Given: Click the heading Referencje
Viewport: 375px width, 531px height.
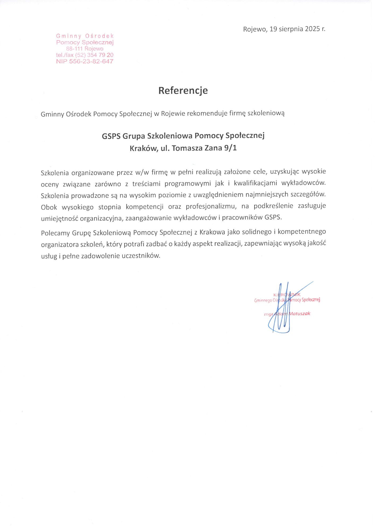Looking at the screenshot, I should [183, 91].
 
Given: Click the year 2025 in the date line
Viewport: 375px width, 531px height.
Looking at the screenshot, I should [312, 29].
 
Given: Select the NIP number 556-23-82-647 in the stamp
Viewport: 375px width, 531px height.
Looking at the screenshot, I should [91, 61].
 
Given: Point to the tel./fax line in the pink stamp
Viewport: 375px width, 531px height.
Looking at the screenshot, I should [85, 55].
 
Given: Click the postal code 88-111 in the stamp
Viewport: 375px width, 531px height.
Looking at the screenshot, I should [74, 49].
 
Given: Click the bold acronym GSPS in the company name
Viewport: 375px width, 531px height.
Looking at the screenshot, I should [111, 136].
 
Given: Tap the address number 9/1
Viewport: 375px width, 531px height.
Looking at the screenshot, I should [230, 148].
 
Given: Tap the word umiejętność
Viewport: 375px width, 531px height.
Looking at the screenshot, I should [59, 219].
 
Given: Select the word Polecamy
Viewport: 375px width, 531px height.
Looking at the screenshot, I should [55, 233].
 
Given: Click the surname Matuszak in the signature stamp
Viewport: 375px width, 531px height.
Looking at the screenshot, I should [299, 314].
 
